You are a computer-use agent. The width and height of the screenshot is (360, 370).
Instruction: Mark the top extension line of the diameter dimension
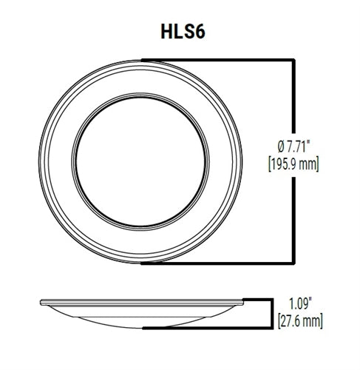pos(222,59)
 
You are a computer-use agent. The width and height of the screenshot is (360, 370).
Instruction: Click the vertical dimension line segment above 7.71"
pos(296,96)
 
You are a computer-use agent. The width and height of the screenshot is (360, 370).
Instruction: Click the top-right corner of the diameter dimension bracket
pos(296,59)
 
